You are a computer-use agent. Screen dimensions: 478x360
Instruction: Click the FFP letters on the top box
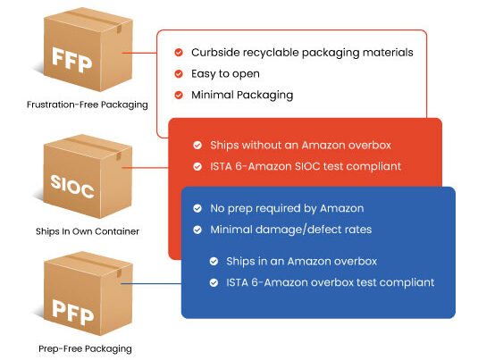[72, 60]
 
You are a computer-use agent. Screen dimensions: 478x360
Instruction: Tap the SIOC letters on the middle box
[72, 186]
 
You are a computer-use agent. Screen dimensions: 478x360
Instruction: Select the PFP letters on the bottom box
[72, 312]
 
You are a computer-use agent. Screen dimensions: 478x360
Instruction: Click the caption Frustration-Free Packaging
[88, 105]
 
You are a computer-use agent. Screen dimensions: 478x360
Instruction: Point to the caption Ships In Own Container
[88, 231]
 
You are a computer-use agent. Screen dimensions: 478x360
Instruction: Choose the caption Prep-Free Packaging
[85, 348]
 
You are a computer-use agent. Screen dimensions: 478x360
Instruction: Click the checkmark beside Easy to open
[179, 74]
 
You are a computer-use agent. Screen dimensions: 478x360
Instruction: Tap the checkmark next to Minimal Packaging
[179, 95]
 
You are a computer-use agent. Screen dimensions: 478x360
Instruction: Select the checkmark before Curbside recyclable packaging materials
[179, 53]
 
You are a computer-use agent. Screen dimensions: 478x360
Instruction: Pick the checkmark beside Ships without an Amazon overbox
[197, 145]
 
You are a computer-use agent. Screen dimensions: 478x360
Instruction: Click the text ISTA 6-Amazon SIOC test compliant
[306, 166]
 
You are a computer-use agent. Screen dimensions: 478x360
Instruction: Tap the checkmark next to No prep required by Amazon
[197, 208]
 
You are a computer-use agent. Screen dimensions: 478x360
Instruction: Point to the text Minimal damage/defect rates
[291, 230]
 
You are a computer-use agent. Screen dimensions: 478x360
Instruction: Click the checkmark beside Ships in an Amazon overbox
[214, 261]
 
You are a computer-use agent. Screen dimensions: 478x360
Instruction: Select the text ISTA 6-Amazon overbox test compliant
[331, 282]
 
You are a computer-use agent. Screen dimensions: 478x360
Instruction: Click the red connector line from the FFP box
[139, 53]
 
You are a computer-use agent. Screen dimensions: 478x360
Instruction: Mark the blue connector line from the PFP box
[151, 284]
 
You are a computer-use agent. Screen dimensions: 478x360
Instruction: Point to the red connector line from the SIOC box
[145, 168]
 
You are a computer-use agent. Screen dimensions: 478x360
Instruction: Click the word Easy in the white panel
[204, 74]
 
